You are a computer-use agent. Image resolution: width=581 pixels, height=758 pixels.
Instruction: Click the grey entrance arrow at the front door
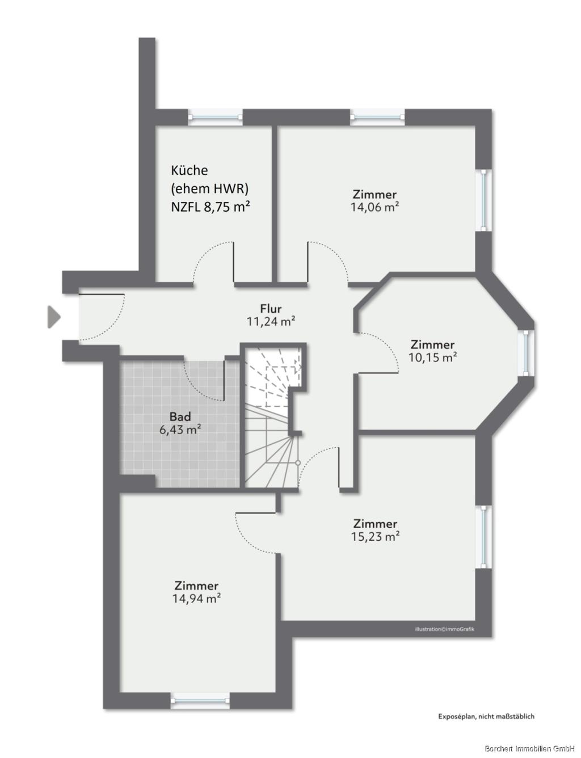[x=53, y=317]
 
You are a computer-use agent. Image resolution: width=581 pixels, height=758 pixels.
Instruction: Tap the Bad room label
[x=180, y=417]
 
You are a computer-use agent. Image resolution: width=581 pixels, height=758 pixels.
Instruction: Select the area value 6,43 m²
[x=180, y=429]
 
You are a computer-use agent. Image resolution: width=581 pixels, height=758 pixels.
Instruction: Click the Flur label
[x=271, y=309]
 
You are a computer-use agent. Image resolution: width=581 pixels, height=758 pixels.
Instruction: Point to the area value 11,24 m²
[x=271, y=321]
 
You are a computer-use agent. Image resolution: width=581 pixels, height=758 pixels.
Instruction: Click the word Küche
[x=190, y=170]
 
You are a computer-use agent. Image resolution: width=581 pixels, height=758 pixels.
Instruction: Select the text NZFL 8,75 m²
[x=210, y=207]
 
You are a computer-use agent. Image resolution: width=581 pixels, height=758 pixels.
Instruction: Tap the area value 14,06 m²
[x=374, y=207]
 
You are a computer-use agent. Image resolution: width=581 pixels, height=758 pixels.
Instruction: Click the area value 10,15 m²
[x=433, y=357]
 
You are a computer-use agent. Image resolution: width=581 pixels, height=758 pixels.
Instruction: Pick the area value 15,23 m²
[x=375, y=536]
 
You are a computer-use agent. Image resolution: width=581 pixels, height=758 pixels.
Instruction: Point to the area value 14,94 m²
[x=196, y=598]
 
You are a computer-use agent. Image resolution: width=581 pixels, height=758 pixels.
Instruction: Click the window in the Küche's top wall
[x=215, y=117]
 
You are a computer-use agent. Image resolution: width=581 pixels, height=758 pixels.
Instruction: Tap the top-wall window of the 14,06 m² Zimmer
[x=377, y=117]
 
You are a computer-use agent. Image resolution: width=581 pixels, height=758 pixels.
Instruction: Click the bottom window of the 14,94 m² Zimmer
[x=200, y=700]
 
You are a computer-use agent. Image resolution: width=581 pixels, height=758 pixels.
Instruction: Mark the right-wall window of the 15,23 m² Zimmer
[x=483, y=537]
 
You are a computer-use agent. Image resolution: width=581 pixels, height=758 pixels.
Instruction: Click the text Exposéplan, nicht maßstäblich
[x=486, y=716]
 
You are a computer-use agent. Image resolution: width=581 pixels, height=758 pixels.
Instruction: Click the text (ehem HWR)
[x=210, y=188]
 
